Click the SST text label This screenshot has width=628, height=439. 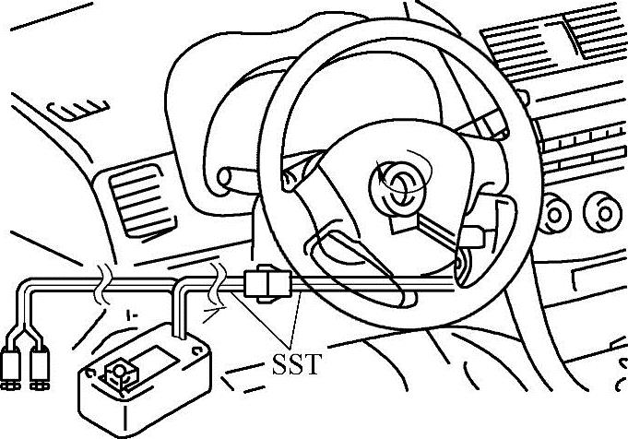coord(298,363)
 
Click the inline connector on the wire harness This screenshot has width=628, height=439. coord(268,285)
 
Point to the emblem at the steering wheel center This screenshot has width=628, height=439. coord(398,185)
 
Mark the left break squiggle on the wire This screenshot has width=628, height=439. coord(104,284)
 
